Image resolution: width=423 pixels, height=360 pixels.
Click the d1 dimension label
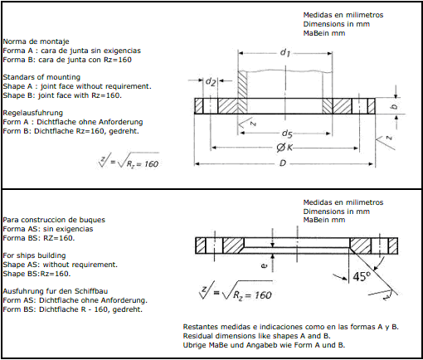[x=285, y=52]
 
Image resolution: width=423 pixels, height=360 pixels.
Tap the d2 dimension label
[x=211, y=81]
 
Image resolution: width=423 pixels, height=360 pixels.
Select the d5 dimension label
[x=287, y=134]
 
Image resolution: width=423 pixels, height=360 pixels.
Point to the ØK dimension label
[x=284, y=148]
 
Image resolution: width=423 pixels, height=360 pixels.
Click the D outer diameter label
[x=283, y=163]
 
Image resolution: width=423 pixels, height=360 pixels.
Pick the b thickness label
[x=395, y=106]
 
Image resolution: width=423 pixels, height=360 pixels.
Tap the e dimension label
[x=265, y=266]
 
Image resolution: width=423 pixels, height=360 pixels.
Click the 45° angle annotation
[x=362, y=276]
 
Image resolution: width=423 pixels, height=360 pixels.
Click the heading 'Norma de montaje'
[x=36, y=41]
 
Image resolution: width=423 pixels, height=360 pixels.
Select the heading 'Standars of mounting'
[x=41, y=77]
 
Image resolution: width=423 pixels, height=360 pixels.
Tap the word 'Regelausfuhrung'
[x=33, y=113]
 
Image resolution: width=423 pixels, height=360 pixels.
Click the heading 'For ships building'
[x=34, y=255]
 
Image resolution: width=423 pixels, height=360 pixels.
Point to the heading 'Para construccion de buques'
[x=54, y=220]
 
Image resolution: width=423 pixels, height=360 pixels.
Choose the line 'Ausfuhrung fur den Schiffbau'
[x=56, y=291]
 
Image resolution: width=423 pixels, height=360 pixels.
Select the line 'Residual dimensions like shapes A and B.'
[x=256, y=336]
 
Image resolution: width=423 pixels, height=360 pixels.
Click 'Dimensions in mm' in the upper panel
[x=337, y=24]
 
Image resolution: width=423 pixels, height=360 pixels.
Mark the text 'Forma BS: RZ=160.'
[x=39, y=238]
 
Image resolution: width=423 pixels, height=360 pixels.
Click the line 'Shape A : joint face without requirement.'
[x=77, y=86]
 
